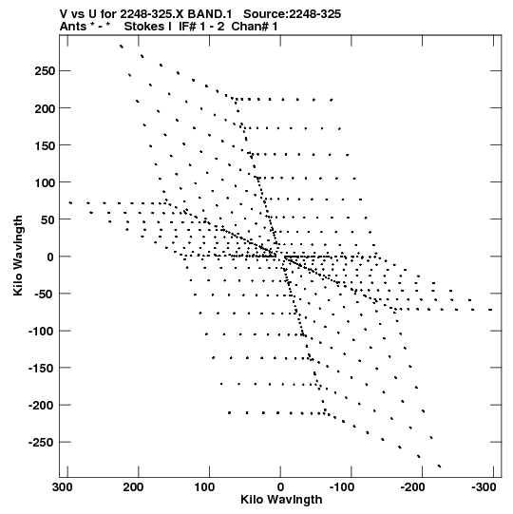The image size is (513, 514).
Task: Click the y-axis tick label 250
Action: click(x=45, y=71)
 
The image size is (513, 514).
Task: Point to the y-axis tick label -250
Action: click(x=42, y=443)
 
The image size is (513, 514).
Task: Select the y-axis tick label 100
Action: click(x=45, y=182)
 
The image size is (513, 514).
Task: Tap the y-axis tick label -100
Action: click(x=42, y=331)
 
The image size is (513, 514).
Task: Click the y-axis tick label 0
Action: click(x=50, y=257)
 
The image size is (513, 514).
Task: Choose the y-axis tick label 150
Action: click(x=45, y=145)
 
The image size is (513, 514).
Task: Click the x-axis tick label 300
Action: click(x=63, y=487)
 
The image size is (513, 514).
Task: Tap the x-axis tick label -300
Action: click(x=484, y=487)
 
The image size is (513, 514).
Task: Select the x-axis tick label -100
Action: click(x=342, y=487)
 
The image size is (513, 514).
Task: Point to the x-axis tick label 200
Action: click(x=133, y=487)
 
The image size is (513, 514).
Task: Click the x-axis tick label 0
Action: click(x=280, y=487)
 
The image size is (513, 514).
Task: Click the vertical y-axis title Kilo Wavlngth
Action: click(x=18, y=256)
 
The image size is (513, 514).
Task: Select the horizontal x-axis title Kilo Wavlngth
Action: click(x=281, y=500)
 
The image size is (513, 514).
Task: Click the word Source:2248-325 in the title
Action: click(x=292, y=14)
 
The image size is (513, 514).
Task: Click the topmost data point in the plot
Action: click(x=122, y=47)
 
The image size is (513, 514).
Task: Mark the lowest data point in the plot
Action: click(x=440, y=466)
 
